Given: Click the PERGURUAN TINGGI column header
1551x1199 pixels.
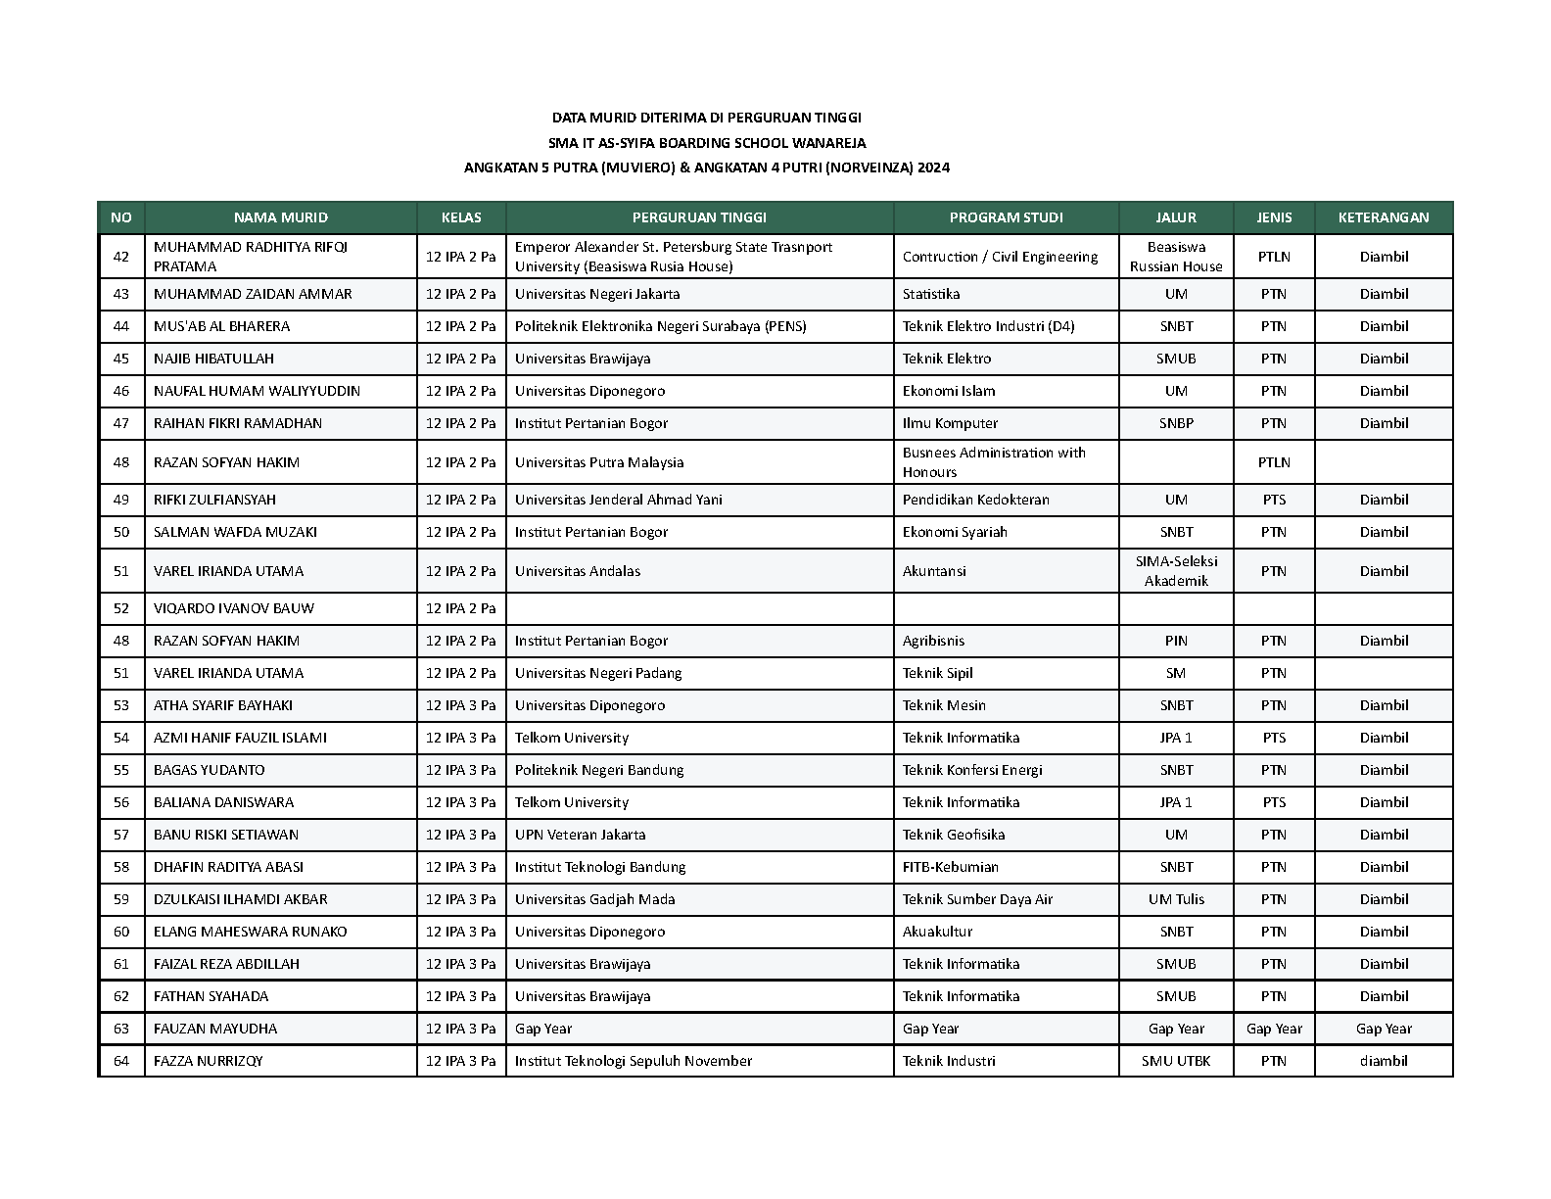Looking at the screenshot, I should [699, 217].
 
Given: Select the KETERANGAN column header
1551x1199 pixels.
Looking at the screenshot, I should [1383, 217].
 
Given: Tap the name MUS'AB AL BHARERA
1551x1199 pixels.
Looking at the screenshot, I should [221, 326].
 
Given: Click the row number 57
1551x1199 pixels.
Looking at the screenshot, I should [121, 835].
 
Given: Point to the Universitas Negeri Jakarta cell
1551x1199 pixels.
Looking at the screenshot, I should [597, 294].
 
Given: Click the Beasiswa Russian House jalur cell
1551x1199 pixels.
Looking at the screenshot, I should [1176, 257].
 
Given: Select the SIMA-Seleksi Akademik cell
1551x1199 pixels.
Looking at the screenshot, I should [1176, 571].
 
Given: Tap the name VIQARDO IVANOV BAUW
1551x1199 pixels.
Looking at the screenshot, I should [234, 608].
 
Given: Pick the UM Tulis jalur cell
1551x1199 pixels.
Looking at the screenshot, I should [1176, 899].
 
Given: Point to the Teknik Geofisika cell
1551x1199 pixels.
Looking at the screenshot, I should [954, 835].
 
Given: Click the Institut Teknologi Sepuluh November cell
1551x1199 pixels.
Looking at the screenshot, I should [634, 1061].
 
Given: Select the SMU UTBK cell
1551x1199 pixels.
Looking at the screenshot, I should [1176, 1061].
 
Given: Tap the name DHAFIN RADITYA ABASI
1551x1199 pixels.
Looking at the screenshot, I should [228, 867].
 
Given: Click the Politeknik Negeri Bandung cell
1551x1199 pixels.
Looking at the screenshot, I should [599, 770].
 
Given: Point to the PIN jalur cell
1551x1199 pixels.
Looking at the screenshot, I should [1176, 641].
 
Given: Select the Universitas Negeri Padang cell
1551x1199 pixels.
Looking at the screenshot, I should [598, 673].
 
